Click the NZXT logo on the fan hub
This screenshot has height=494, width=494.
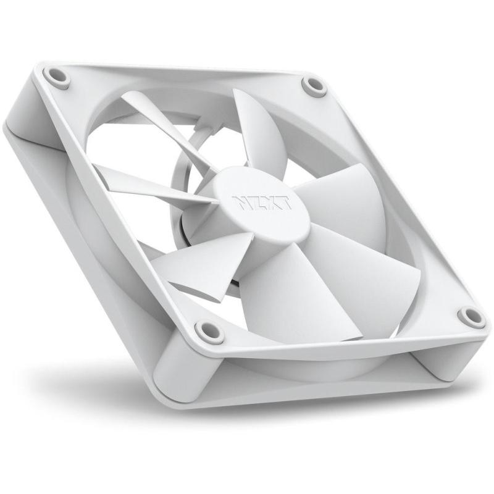click(262, 203)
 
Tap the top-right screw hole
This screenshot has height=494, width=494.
click(314, 84)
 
